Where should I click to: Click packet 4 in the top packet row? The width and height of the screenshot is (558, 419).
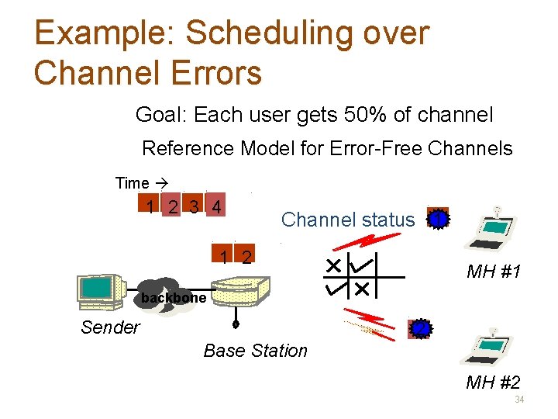(x=217, y=206)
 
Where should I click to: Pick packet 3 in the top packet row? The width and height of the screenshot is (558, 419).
(x=195, y=206)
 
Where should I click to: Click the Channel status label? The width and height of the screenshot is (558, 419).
(x=348, y=220)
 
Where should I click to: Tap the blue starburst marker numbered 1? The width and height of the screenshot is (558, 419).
(x=439, y=220)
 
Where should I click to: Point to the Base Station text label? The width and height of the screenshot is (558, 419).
(x=255, y=351)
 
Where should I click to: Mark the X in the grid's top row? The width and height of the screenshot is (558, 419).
(x=333, y=266)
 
